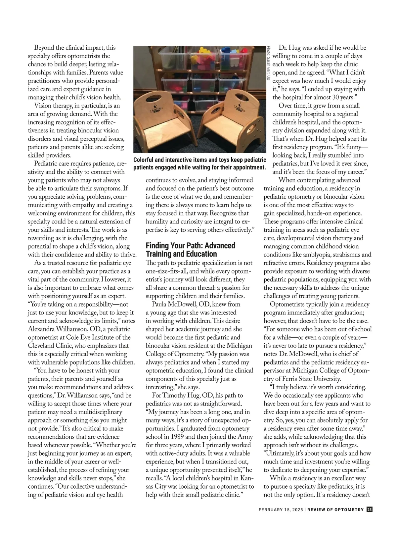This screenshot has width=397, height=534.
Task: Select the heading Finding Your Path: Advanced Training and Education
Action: coord(190,250)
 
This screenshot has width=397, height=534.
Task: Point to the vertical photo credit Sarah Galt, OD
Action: coord(268,63)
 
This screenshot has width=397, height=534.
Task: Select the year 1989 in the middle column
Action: coord(178,437)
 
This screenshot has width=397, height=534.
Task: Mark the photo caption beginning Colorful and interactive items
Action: coord(199,164)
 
